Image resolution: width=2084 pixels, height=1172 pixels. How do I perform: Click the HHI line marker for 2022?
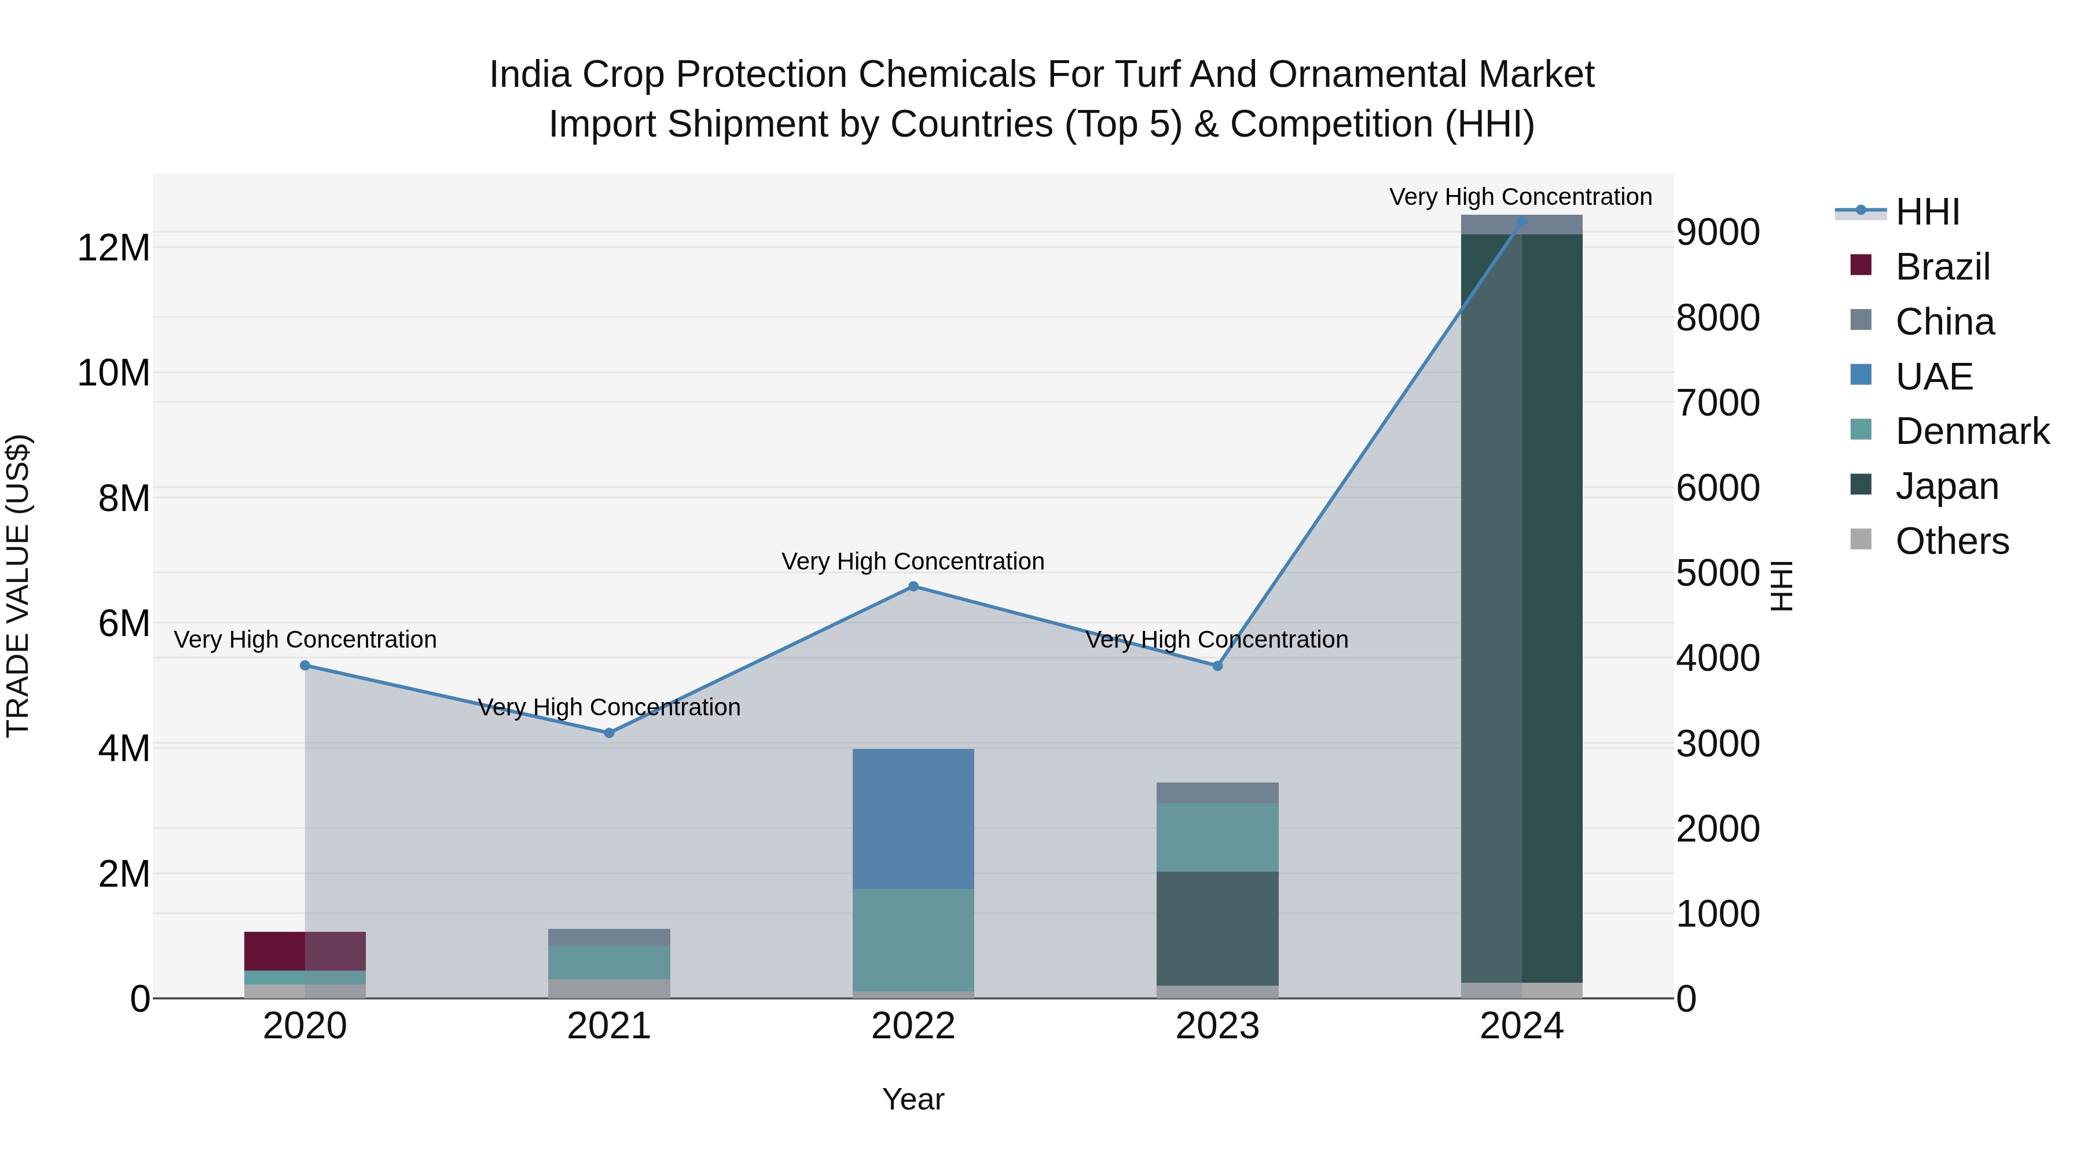point(913,586)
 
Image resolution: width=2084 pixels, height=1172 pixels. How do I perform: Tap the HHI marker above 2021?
point(609,733)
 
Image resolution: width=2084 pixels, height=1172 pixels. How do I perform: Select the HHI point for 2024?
point(1522,221)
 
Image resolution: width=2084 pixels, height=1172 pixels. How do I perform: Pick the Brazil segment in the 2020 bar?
point(305,950)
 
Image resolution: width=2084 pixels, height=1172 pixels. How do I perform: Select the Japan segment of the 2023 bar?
point(1217,928)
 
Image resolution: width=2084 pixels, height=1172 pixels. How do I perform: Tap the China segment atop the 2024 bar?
point(1522,226)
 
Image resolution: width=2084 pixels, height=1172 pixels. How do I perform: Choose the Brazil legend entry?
point(1942,267)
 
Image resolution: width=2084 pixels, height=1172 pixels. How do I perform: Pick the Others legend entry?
point(1951,541)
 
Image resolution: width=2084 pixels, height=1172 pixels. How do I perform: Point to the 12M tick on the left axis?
point(113,248)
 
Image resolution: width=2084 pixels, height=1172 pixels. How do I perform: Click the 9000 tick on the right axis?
point(1718,233)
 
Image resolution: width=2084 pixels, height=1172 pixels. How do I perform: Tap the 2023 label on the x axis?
point(1217,1026)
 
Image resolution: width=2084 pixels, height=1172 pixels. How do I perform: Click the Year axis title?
point(913,1099)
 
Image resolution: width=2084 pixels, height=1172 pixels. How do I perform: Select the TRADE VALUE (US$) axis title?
point(18,586)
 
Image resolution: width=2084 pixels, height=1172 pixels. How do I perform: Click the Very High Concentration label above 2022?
point(913,561)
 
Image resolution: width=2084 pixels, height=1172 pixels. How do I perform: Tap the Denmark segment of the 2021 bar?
point(609,962)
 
